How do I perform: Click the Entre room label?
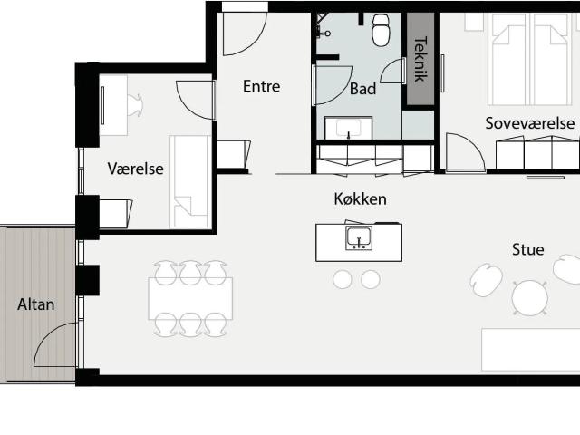click(262, 87)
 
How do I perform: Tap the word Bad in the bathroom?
click(362, 89)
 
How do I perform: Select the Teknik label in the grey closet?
click(420, 59)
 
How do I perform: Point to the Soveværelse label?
click(530, 123)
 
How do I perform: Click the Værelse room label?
click(135, 169)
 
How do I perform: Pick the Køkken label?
click(361, 199)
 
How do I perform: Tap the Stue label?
click(527, 250)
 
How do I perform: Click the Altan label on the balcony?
click(36, 304)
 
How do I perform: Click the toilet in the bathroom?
click(381, 30)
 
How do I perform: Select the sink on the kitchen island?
click(359, 238)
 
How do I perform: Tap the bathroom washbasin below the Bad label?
click(348, 128)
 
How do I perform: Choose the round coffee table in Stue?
click(529, 298)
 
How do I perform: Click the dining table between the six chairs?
click(190, 298)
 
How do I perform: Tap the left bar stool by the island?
click(343, 279)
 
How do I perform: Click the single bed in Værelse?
click(190, 182)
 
